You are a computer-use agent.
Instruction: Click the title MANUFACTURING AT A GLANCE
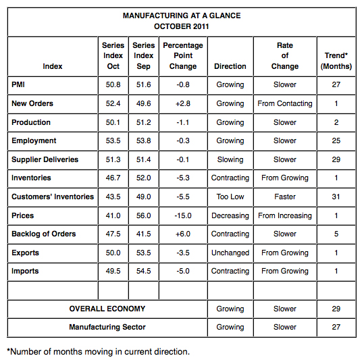[x=182, y=16]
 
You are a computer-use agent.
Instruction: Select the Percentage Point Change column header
[x=183, y=56]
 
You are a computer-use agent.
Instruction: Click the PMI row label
[x=19, y=85]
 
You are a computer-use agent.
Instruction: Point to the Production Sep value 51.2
[x=144, y=122]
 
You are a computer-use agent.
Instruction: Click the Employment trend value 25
[x=336, y=141]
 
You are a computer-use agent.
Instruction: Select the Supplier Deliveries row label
[x=45, y=159]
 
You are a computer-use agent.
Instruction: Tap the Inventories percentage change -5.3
[x=183, y=178]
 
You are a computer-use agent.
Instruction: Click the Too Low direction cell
[x=230, y=197]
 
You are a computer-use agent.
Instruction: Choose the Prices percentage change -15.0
[x=183, y=215]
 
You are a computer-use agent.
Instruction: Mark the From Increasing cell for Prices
[x=285, y=215]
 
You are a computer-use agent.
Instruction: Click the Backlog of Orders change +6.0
[x=183, y=234]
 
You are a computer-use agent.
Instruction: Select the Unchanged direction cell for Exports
[x=230, y=253]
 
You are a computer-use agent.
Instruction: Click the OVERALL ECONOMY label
[x=107, y=309]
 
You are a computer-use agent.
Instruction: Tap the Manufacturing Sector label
[x=107, y=327]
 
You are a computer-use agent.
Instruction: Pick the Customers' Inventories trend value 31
[x=336, y=197]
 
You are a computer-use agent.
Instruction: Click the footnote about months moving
[x=98, y=351]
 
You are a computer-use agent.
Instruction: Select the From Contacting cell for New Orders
[x=285, y=104]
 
